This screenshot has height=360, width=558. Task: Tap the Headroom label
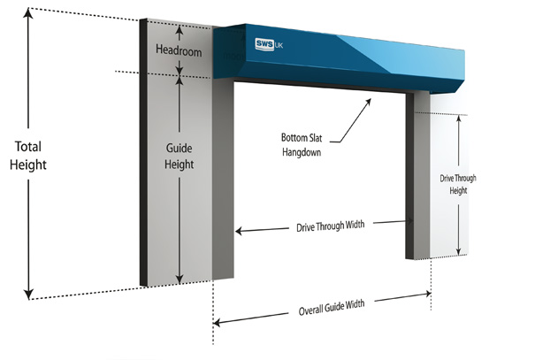coord(180,52)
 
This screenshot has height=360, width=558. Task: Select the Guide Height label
coord(180,156)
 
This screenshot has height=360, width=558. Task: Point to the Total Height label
coord(29,156)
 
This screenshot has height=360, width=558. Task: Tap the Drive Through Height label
coord(458,184)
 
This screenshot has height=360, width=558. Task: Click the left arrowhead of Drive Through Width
coord(240,231)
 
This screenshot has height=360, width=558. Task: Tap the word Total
coord(29,147)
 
